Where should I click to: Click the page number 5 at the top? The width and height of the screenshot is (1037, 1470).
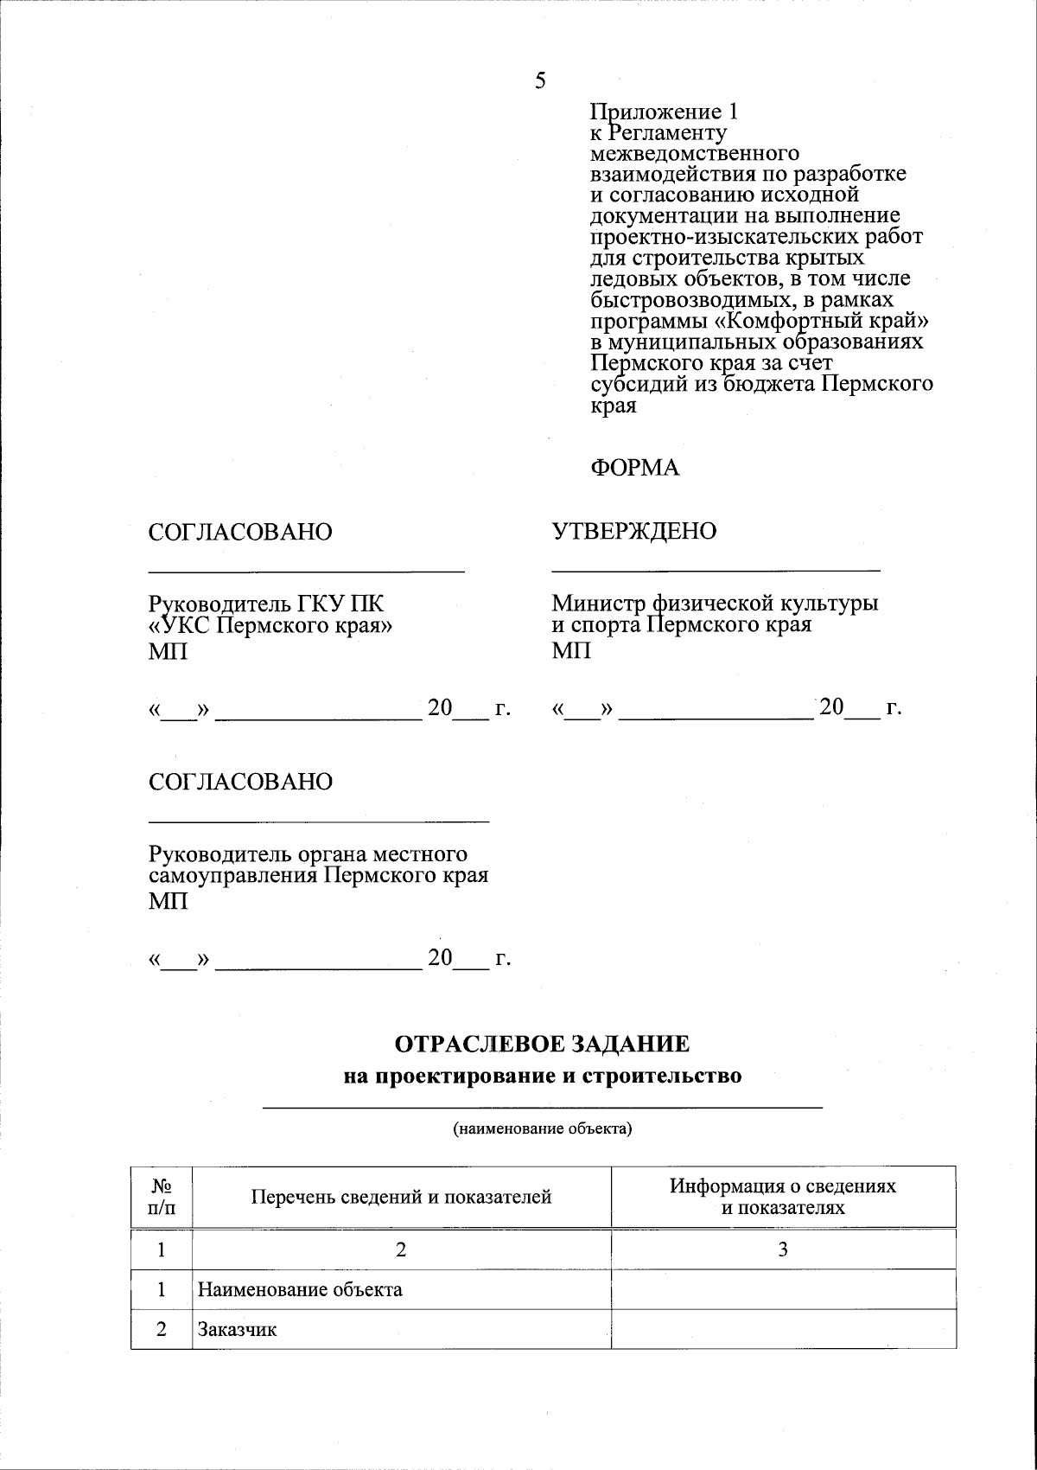tap(540, 81)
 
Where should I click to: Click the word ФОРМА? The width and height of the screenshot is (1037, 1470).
tap(634, 468)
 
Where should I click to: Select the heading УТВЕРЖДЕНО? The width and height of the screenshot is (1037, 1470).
tap(634, 531)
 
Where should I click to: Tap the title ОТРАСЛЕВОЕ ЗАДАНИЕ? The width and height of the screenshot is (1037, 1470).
tap(542, 1044)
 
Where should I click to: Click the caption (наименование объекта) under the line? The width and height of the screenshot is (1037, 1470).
tap(543, 1128)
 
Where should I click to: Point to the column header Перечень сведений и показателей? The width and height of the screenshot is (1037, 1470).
tap(401, 1197)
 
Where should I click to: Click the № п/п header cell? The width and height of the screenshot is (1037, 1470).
tap(162, 1197)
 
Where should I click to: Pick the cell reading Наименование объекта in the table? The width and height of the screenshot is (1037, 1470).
tap(300, 1289)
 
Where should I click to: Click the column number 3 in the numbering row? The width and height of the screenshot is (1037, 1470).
tap(783, 1249)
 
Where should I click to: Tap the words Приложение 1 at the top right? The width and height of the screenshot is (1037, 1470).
tap(664, 112)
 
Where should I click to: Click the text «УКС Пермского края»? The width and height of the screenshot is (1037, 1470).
tap(270, 625)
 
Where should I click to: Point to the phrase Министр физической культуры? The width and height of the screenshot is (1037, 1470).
tap(716, 603)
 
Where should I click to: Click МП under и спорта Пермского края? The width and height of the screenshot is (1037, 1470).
tap(571, 650)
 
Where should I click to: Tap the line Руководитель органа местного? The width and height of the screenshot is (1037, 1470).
tap(309, 854)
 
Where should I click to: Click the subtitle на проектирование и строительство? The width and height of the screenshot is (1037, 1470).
tap(542, 1077)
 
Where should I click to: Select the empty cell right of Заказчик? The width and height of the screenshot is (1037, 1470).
tap(783, 1330)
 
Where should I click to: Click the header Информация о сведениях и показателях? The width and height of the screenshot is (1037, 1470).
tap(783, 1197)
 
